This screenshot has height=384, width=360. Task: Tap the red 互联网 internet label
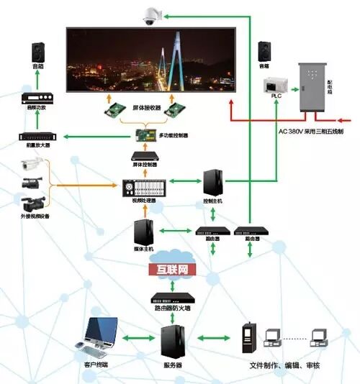click(172, 269)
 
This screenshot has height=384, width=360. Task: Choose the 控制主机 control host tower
click(213, 184)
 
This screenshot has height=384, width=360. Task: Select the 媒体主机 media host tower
click(143, 234)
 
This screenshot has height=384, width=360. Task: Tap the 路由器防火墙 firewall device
click(172, 298)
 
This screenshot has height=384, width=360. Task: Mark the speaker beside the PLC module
click(264, 52)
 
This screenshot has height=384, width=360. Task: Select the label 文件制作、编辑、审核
click(290, 365)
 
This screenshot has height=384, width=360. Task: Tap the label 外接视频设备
click(35, 216)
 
